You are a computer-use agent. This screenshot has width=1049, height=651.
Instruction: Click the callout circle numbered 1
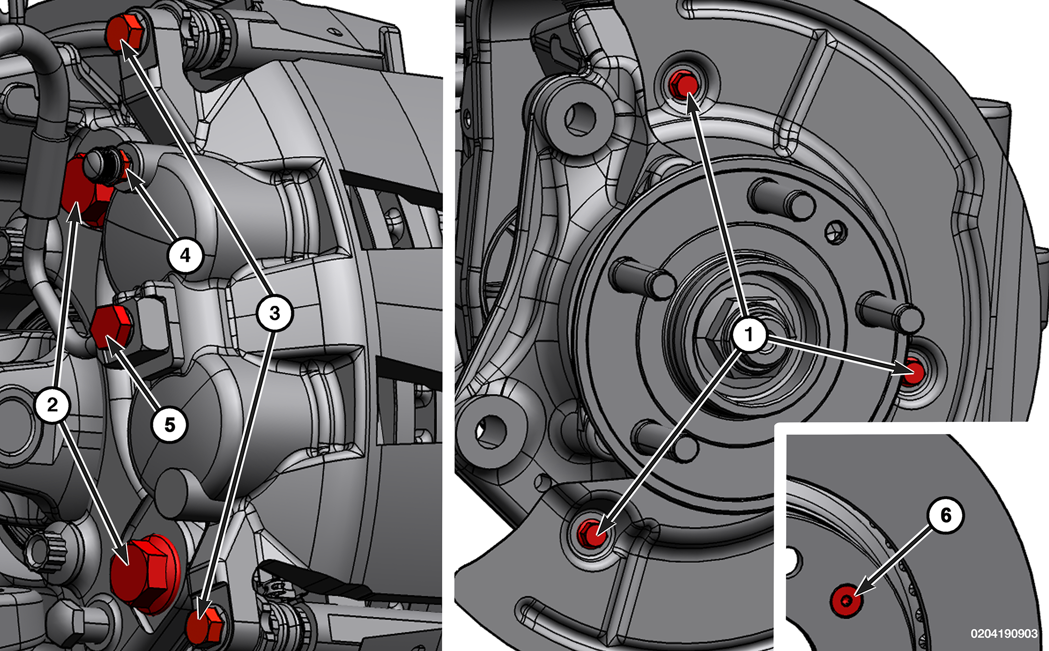point(749,334)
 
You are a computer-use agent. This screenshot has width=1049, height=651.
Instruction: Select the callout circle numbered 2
point(53,405)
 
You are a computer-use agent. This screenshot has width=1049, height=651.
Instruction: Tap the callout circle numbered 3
point(274,313)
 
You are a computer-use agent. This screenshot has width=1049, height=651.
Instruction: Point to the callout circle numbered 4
point(186,255)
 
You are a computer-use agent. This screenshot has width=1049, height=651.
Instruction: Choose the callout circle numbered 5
point(170,425)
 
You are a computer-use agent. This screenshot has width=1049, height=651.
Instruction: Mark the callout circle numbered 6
point(946,515)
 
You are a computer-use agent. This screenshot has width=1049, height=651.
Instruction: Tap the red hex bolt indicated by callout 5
point(111,327)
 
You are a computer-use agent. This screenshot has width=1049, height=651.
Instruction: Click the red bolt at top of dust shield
point(684,85)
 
